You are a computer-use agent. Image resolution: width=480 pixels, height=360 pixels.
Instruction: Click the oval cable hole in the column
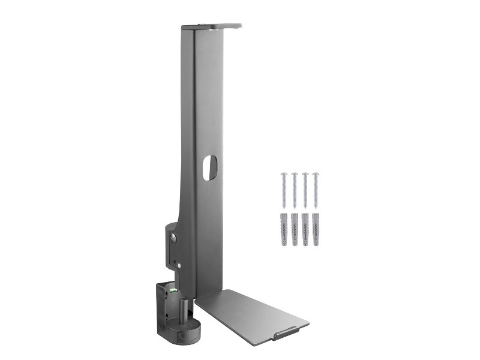(211, 168)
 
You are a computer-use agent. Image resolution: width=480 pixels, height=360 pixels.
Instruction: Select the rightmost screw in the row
(316, 191)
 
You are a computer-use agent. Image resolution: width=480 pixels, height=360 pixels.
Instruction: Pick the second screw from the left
(295, 191)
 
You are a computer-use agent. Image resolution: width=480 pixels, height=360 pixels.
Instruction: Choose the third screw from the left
(305, 191)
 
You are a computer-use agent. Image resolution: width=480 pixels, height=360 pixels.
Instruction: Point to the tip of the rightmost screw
(316, 208)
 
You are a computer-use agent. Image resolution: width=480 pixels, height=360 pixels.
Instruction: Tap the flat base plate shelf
(252, 315)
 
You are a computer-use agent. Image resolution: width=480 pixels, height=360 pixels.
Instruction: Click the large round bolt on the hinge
(173, 239)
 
